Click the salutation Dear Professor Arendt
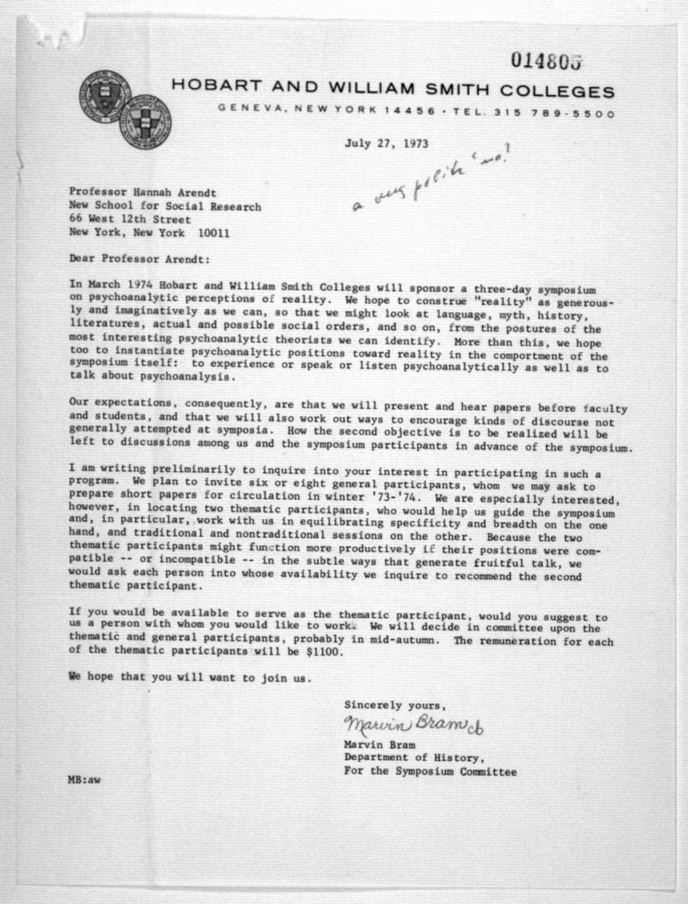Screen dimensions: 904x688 tap(139, 260)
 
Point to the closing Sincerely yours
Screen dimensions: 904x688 tap(394, 706)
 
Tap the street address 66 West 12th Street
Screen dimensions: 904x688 tap(130, 220)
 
